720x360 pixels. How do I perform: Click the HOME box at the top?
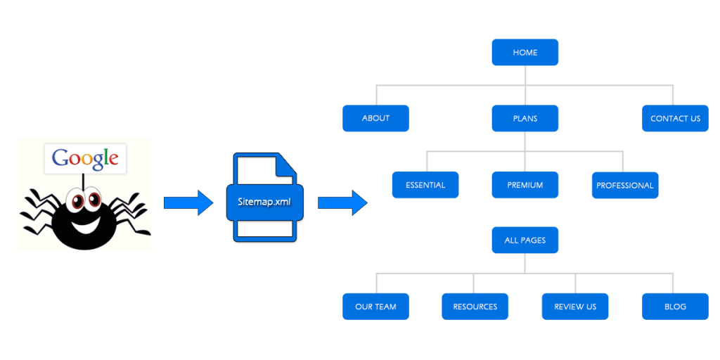click(525, 53)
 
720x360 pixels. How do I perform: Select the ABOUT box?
click(375, 118)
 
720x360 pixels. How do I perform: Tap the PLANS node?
click(525, 118)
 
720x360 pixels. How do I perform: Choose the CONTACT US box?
click(675, 118)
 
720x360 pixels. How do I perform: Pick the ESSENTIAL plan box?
click(425, 185)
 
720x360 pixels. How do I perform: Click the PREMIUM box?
click(525, 185)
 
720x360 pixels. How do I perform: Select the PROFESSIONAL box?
click(625, 186)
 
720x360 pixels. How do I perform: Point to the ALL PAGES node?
click(525, 240)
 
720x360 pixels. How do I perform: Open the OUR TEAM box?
click(375, 307)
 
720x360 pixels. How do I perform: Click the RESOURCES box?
click(475, 307)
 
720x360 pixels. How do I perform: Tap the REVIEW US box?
click(574, 307)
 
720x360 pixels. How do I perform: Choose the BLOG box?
click(675, 307)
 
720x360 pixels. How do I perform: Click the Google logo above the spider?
click(85, 158)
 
